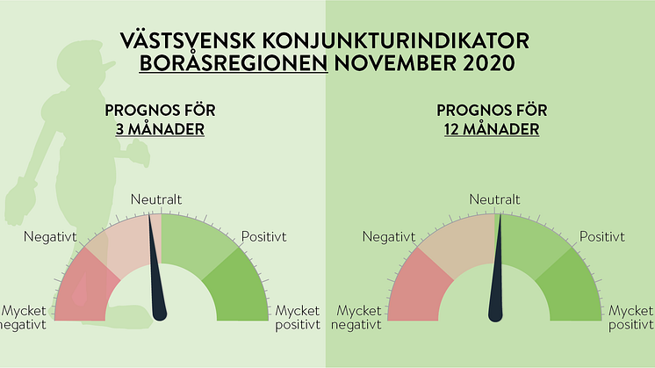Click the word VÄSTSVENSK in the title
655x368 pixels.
(x=188, y=41)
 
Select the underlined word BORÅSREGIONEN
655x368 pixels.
(x=234, y=63)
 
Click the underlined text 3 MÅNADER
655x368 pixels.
(x=160, y=129)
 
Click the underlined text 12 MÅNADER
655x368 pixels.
(x=492, y=129)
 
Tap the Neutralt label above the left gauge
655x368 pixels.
(x=156, y=199)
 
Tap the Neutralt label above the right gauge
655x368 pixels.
(x=494, y=199)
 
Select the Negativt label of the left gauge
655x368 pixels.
(x=51, y=237)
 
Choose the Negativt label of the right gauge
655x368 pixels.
(x=389, y=237)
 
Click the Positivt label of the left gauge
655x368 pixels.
(x=264, y=237)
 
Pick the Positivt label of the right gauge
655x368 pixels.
(x=602, y=237)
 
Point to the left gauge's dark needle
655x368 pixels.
(x=155, y=271)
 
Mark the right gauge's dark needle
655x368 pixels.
(x=496, y=271)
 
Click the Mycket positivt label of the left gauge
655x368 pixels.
(x=298, y=317)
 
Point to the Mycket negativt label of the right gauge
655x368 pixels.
(x=356, y=317)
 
